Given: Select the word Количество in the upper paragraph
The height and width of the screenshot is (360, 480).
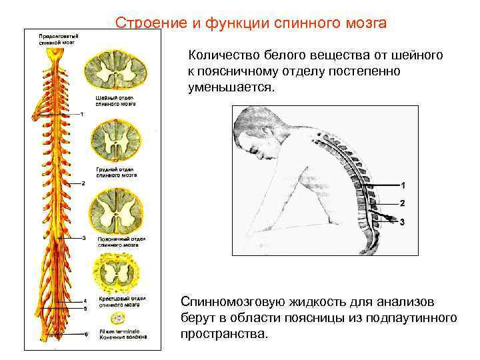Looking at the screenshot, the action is coord(225,57).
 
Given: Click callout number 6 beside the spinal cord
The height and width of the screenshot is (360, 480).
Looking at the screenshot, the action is coord(85,334).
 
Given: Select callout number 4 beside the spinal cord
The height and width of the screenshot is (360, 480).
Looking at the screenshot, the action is coord(85,301).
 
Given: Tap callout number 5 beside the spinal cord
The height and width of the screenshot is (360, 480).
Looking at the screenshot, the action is coord(85,309).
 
